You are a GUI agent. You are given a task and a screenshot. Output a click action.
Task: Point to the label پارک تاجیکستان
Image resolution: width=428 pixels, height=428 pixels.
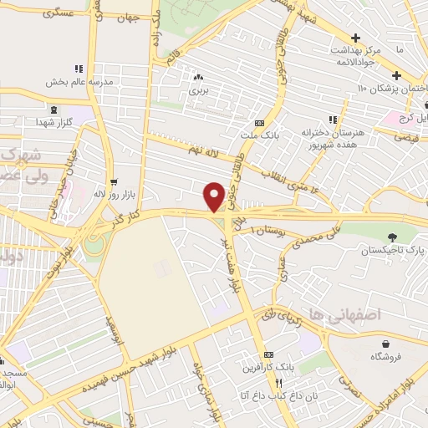coord(394,250)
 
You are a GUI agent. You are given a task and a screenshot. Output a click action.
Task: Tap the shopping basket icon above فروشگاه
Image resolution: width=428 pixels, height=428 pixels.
coord(386,343)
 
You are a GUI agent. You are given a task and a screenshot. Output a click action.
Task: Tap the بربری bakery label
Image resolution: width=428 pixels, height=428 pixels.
coord(197,88)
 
